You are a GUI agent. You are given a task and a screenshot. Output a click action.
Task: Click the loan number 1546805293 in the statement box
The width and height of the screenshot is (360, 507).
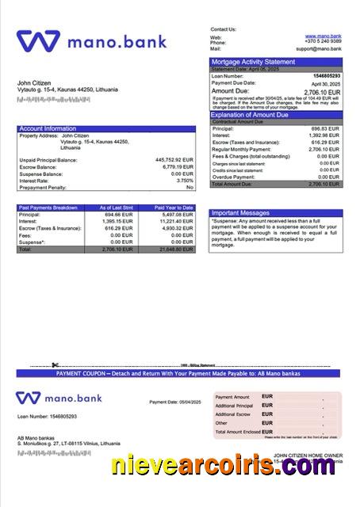click(326, 77)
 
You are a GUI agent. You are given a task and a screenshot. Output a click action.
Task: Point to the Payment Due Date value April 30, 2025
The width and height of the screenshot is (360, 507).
click(326, 84)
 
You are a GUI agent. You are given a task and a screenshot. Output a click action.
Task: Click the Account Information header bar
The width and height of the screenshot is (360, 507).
click(48, 128)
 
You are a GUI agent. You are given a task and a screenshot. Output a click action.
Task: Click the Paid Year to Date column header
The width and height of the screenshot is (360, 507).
click(174, 208)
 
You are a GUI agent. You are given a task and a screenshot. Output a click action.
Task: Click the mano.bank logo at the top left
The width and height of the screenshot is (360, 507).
click(91, 40)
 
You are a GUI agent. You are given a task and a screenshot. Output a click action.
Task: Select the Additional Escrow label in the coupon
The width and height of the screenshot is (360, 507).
click(232, 414)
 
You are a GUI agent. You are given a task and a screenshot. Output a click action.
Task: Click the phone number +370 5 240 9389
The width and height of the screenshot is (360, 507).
click(324, 43)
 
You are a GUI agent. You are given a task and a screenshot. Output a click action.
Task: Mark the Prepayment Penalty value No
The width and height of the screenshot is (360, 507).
click(190, 188)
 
